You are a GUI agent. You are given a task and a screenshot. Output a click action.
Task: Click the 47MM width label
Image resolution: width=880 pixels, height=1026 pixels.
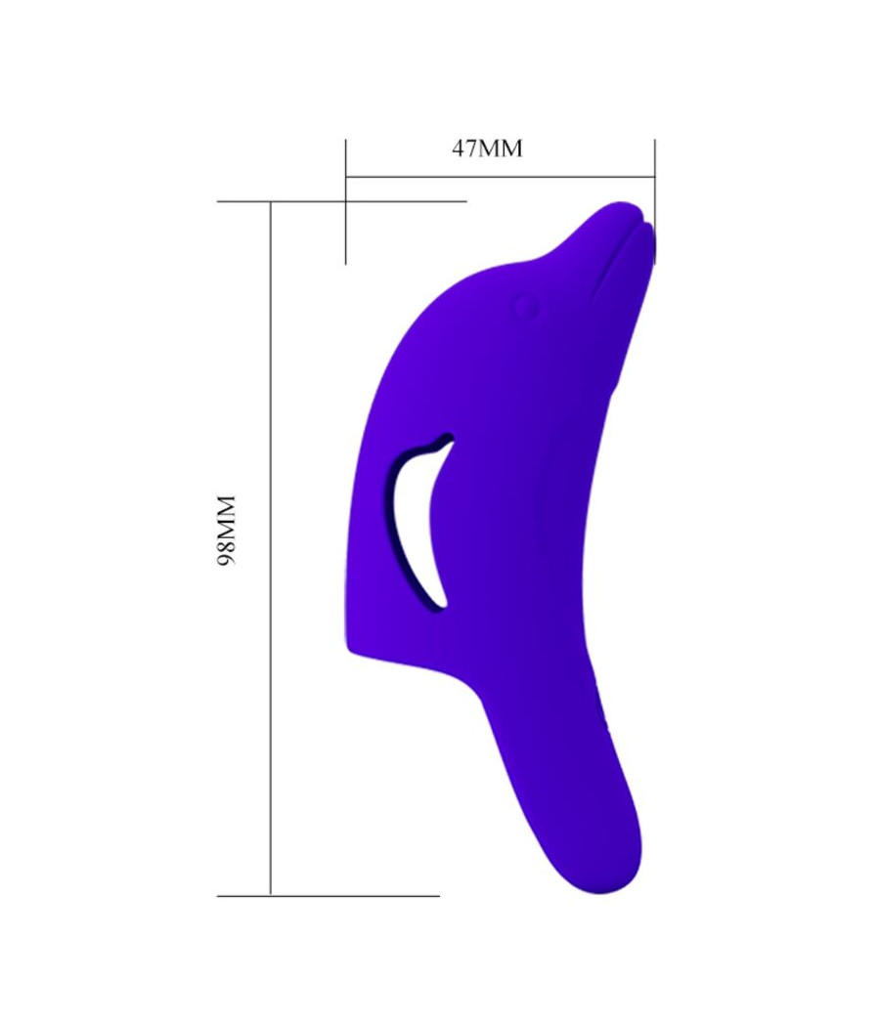[x=487, y=149]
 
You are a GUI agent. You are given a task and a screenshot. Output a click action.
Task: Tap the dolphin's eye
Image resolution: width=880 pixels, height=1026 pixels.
[x=527, y=307]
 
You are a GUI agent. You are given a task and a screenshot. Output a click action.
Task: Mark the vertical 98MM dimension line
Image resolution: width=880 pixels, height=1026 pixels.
[x=270, y=684]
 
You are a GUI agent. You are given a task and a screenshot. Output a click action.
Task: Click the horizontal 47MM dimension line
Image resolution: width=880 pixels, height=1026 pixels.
[x=499, y=177]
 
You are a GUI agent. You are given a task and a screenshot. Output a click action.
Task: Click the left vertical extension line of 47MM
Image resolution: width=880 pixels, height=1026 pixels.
[x=345, y=235]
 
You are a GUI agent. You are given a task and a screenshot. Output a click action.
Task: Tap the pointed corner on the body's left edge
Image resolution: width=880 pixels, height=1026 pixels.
[x=348, y=646]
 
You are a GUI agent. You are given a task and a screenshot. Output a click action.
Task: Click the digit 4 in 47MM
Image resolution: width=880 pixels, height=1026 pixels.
[x=459, y=149]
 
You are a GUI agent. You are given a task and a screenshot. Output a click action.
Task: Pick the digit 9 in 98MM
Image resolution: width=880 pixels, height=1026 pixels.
[x=227, y=560]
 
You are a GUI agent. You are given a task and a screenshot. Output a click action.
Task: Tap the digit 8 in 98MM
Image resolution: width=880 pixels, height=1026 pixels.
[x=227, y=545]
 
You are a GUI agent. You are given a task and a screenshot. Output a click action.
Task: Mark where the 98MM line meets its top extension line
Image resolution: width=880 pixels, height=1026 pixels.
[x=270, y=201]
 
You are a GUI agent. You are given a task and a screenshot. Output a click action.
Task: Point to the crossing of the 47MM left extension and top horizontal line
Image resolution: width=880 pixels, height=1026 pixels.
[x=345, y=201]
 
